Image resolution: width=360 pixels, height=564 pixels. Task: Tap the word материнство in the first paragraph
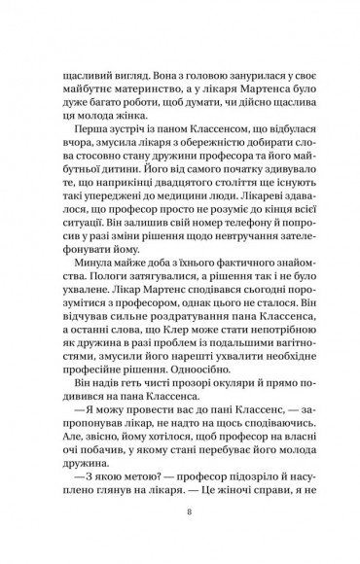122,97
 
